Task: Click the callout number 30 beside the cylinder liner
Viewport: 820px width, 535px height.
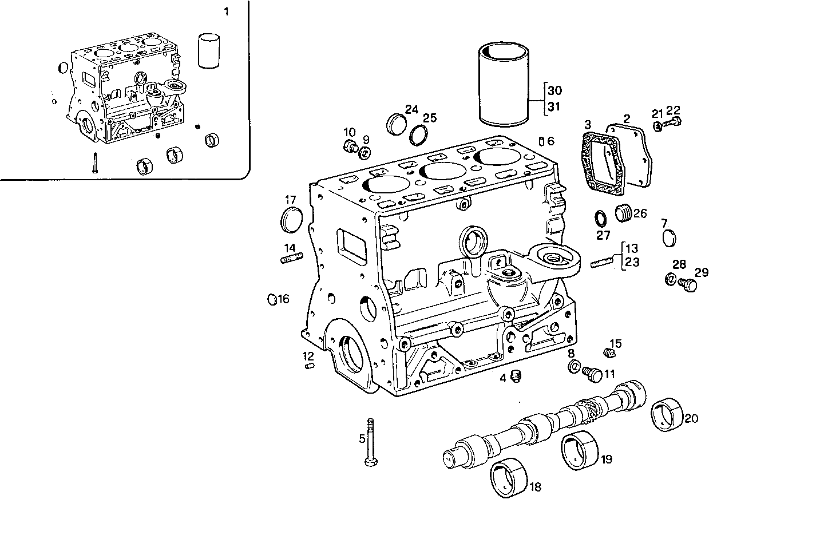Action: (554, 90)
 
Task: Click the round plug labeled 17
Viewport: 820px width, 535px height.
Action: (292, 221)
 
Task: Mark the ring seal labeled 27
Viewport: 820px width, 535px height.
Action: (601, 219)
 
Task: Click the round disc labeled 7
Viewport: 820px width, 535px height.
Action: (668, 238)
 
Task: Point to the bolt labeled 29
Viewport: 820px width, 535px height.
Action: (687, 284)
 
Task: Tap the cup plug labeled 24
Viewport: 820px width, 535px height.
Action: (397, 122)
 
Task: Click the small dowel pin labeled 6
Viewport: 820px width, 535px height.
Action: (541, 141)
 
